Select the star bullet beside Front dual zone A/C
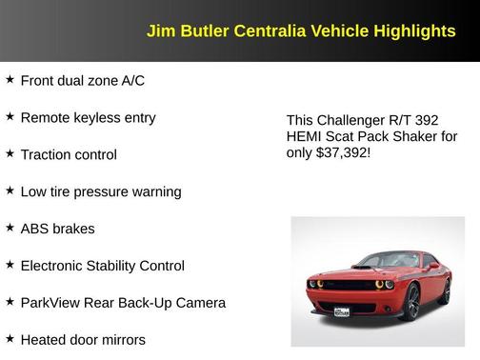(x=10, y=80)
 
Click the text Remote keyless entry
(x=88, y=118)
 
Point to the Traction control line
(x=69, y=154)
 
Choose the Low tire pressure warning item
(x=100, y=191)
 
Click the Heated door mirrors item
(x=83, y=339)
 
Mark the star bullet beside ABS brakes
(x=10, y=229)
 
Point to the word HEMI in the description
(x=306, y=136)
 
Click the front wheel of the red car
(x=411, y=302)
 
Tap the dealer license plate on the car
(x=340, y=310)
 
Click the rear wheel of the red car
(x=445, y=290)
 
